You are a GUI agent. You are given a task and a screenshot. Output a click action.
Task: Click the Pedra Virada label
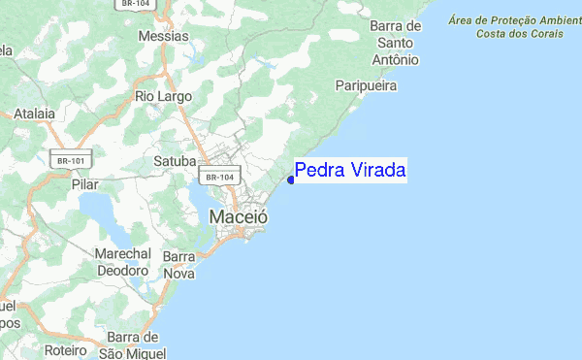click(350, 171)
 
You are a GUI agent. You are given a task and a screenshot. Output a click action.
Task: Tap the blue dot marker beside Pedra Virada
click(291, 179)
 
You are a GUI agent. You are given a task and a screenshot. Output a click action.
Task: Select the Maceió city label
click(239, 219)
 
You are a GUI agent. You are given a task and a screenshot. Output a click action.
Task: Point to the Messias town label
click(164, 35)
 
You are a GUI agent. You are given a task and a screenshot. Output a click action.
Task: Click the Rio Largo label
click(164, 96)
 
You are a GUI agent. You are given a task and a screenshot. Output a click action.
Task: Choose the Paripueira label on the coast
click(367, 86)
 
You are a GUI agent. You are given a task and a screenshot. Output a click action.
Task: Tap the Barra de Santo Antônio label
click(398, 43)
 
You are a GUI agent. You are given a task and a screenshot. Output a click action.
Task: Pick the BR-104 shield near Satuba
click(217, 177)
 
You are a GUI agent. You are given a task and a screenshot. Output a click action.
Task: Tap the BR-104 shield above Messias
click(135, 5)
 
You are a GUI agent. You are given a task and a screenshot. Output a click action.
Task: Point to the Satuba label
click(176, 160)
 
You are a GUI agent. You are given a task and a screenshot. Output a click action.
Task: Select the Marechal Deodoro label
click(122, 262)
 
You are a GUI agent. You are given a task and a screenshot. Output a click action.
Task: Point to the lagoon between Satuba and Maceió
click(194, 199)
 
